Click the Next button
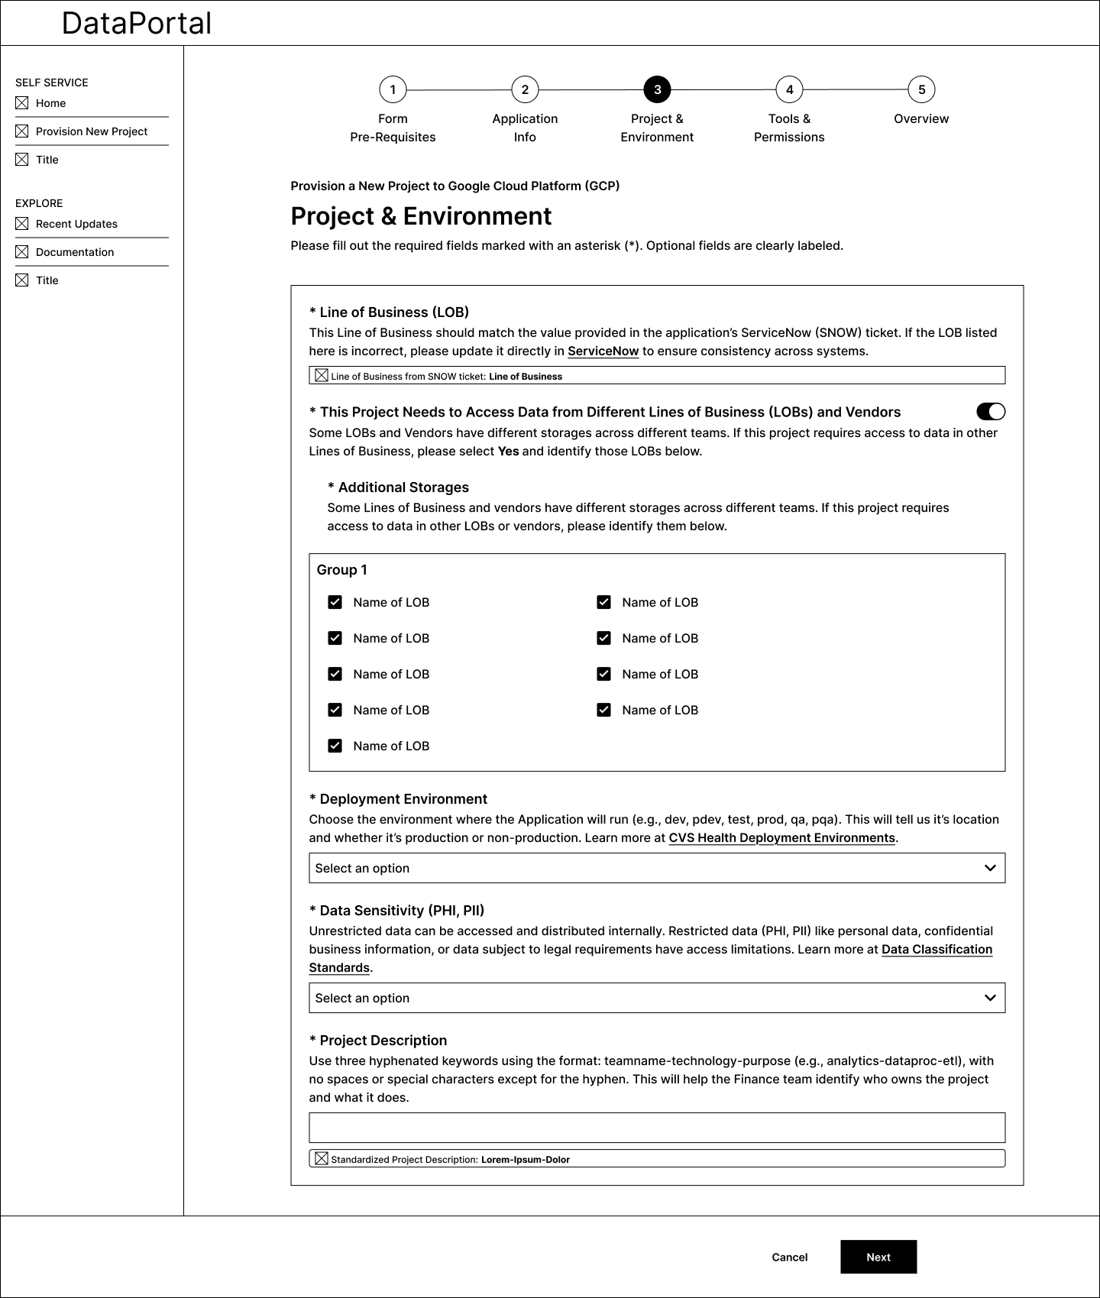pos(878,1257)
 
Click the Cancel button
pos(789,1257)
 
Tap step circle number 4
pos(789,89)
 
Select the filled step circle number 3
pos(657,89)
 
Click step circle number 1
pos(393,89)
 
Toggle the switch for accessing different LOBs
pos(991,412)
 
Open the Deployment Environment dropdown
pos(657,868)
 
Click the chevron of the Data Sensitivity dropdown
pos(990,998)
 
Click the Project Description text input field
pos(657,1128)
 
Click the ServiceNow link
pos(603,351)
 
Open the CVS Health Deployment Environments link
pos(781,838)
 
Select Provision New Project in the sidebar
pos(92,131)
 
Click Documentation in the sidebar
pos(75,252)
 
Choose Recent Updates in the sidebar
pos(76,224)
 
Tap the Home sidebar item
pos(50,103)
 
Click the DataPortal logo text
pos(137,23)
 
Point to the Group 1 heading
pos(342,570)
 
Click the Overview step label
pos(921,118)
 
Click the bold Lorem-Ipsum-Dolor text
pos(526,1160)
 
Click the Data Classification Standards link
pos(937,950)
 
